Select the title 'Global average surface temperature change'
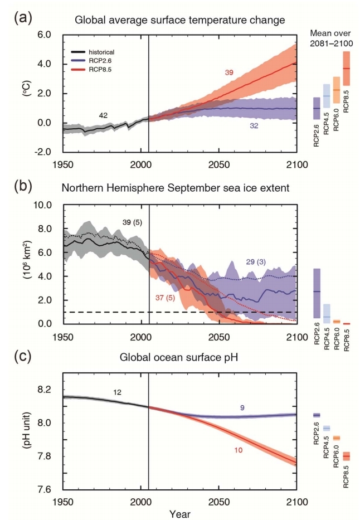tap(181, 20)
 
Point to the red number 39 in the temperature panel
tap(229, 72)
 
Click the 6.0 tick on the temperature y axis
tap(44, 35)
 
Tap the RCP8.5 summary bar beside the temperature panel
tap(346, 68)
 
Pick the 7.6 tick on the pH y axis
tap(45, 490)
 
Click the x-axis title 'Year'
tap(179, 512)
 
